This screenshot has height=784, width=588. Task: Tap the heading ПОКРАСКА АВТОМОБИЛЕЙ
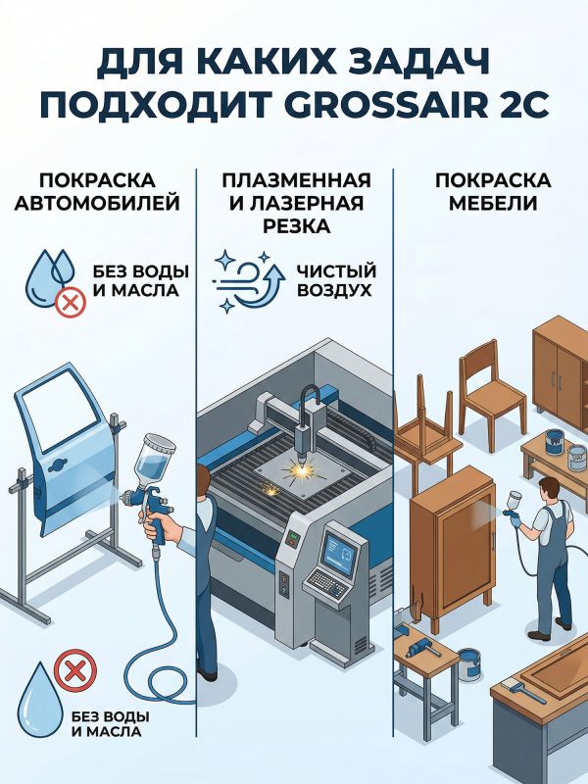pyautogui.click(x=97, y=192)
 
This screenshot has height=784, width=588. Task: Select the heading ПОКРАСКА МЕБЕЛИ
pyautogui.click(x=493, y=192)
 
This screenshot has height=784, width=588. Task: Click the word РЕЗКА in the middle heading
pyautogui.click(x=297, y=226)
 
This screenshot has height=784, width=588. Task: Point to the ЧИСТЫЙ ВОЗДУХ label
pyautogui.click(x=336, y=280)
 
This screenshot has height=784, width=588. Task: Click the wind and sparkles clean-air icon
pyautogui.click(x=249, y=280)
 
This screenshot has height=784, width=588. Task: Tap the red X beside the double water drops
pyautogui.click(x=71, y=303)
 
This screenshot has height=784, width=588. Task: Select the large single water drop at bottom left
pyautogui.click(x=40, y=699)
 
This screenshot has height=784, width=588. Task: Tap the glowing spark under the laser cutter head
pyautogui.click(x=302, y=469)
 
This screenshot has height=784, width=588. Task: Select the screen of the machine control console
pyautogui.click(x=339, y=552)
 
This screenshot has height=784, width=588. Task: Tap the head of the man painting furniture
pyautogui.click(x=550, y=490)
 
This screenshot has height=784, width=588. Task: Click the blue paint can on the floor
pyautogui.click(x=468, y=663)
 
